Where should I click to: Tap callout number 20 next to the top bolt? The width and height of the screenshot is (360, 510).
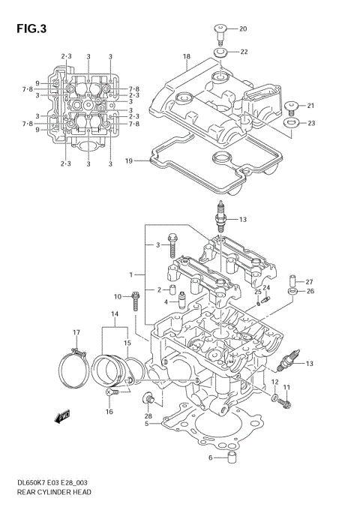pos(242,28)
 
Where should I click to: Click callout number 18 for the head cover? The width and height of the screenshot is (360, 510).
pos(187,56)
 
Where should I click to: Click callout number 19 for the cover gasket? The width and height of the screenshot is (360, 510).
pos(128,160)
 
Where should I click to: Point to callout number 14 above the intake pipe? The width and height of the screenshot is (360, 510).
pos(115,313)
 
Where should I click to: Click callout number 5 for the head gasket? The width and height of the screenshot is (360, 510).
pos(148,424)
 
